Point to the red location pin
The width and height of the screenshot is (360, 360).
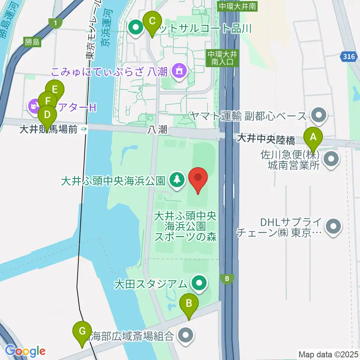pyautogui.click(x=198, y=179)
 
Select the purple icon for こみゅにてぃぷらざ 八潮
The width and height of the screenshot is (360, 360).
pyautogui.click(x=179, y=71)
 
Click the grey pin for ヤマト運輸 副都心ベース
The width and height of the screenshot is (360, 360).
pyautogui.click(x=319, y=115)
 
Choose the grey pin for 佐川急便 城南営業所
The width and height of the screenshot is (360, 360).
pyautogui.click(x=330, y=159)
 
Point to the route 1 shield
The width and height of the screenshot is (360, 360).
pyautogui.click(x=55, y=24)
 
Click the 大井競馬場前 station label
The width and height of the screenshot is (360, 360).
pyautogui.click(x=54, y=130)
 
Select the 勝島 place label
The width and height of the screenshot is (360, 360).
pyautogui.click(x=32, y=42)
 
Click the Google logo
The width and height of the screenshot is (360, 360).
pyautogui.click(x=25, y=351)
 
